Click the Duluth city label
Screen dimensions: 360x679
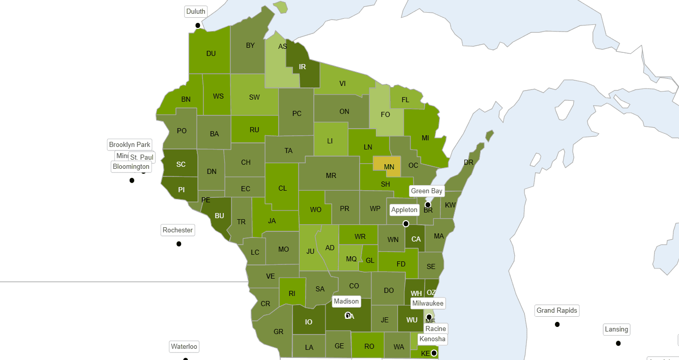pyautogui.click(x=196, y=11)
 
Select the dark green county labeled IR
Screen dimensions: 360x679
pyautogui.click(x=303, y=66)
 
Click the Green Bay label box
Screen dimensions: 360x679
pyautogui.click(x=427, y=191)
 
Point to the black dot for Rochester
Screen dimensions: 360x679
pyautogui.click(x=179, y=244)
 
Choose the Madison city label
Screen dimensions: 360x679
pyautogui.click(x=346, y=302)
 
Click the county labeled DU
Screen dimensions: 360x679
pyautogui.click(x=211, y=53)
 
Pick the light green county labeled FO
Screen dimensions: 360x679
pyautogui.click(x=386, y=114)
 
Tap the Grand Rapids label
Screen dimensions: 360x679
pyautogui.click(x=557, y=311)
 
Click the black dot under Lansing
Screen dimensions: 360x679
pyautogui.click(x=618, y=343)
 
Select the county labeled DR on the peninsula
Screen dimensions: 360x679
pyautogui.click(x=468, y=163)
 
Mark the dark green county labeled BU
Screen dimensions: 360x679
pyautogui.click(x=219, y=216)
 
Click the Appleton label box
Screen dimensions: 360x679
pyautogui.click(x=404, y=210)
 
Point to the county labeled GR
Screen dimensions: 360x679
pyautogui.click(x=278, y=332)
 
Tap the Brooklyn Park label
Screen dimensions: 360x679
pyautogui.click(x=130, y=145)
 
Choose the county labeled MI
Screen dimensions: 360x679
pyautogui.click(x=425, y=137)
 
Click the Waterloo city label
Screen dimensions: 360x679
pyautogui.click(x=184, y=347)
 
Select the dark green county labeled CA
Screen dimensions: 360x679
pyautogui.click(x=416, y=239)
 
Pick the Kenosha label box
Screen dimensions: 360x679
pyautogui.click(x=432, y=339)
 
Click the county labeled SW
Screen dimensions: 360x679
pyautogui.click(x=254, y=97)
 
